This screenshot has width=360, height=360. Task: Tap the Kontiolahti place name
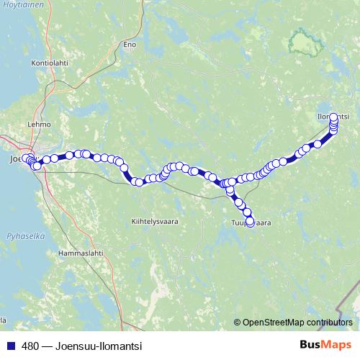48,63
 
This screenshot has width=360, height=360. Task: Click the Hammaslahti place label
80,253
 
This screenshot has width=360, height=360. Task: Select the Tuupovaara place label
251,223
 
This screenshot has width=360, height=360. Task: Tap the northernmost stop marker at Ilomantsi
333,117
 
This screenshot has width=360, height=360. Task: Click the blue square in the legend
10,346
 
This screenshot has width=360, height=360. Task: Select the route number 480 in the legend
31,346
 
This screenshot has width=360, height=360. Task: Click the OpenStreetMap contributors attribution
297,323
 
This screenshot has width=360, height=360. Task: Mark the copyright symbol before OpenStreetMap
237,323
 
